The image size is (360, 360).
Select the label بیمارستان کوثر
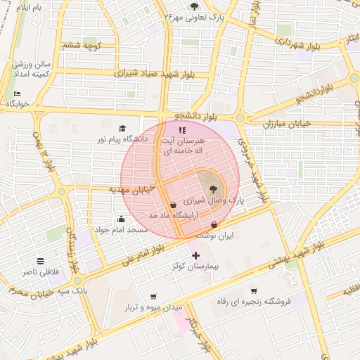point(195,268)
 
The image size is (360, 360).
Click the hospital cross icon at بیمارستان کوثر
point(195,255)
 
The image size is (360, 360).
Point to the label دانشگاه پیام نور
point(123,139)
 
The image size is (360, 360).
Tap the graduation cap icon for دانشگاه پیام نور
point(123,128)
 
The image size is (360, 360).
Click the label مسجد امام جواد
point(122,230)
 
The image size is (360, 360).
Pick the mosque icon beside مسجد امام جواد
point(122,219)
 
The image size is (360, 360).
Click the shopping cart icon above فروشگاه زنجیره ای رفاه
point(254,290)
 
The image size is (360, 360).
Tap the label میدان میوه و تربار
point(154,308)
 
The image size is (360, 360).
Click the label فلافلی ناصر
point(40,271)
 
